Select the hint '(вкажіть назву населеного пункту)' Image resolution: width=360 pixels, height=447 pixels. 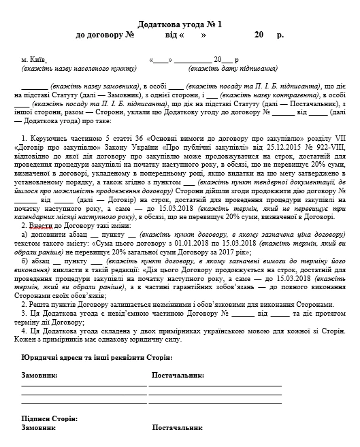67,69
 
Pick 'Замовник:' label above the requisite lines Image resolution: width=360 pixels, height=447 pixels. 39,375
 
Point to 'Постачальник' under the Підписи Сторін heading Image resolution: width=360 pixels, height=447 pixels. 176,429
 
